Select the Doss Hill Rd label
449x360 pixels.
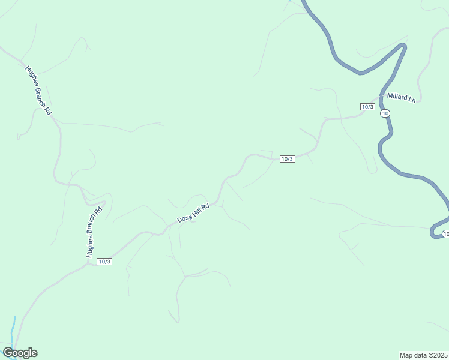pyautogui.click(x=193, y=213)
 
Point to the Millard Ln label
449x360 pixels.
pyautogui.click(x=401, y=97)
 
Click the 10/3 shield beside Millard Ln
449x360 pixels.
pyautogui.click(x=367, y=107)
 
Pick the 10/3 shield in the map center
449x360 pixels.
pyautogui.click(x=287, y=159)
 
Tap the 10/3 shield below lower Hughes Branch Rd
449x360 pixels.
pyautogui.click(x=104, y=262)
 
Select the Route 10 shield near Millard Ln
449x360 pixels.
pyautogui.click(x=385, y=113)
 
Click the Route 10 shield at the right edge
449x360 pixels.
pyautogui.click(x=445, y=233)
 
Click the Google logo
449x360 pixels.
pyautogui.click(x=20, y=353)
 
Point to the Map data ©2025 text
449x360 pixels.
pyautogui.click(x=424, y=355)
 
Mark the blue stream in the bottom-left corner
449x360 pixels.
pyautogui.click(x=13, y=330)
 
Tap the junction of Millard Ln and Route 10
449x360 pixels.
pyautogui.click(x=382, y=96)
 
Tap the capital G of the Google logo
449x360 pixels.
pyautogui.click(x=8, y=353)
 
